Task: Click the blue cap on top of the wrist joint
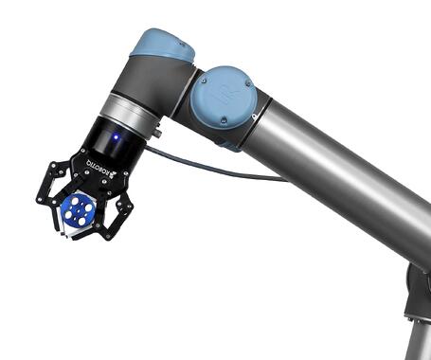pos(161,45)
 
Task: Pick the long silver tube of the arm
pos(341,180)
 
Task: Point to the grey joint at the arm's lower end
pos(417,294)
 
